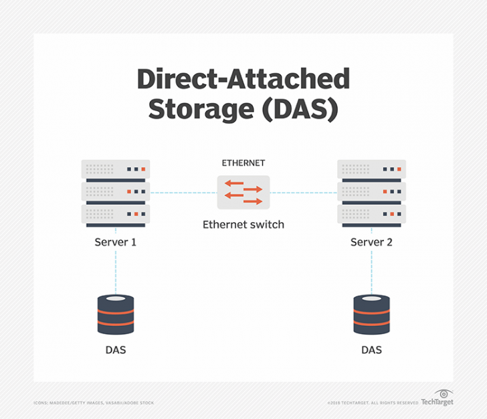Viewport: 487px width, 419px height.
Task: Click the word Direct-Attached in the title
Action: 243,79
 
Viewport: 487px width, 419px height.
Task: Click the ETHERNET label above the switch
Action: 243,163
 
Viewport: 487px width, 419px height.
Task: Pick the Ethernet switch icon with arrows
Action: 243,192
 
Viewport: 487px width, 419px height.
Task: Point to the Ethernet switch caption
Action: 243,225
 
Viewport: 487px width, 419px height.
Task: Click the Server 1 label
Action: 116,242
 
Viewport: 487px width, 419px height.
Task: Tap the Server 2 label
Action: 371,242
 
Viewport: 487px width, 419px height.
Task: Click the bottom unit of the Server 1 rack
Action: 116,215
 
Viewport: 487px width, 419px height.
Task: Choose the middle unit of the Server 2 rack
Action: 371,192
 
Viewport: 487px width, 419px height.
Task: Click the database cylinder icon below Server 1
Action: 116,315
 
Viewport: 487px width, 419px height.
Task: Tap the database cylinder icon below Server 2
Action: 371,315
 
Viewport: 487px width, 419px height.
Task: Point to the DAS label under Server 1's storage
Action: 116,350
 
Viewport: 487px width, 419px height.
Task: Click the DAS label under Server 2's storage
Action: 371,350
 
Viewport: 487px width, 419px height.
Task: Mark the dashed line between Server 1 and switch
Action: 183,193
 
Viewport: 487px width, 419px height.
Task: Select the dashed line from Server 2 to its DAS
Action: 371,271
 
